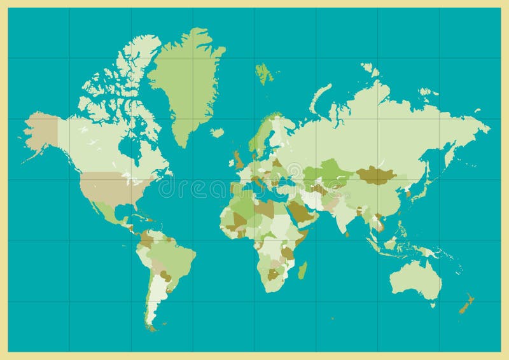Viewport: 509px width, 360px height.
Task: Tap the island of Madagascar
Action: coord(302,270)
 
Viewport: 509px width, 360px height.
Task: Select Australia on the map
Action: coord(417,280)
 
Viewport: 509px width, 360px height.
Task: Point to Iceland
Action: coord(218,133)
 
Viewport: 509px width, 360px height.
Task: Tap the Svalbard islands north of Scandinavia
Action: coord(263,73)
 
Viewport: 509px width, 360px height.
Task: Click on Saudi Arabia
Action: coord(302,213)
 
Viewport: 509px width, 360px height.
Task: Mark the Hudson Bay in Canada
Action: coord(132,148)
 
